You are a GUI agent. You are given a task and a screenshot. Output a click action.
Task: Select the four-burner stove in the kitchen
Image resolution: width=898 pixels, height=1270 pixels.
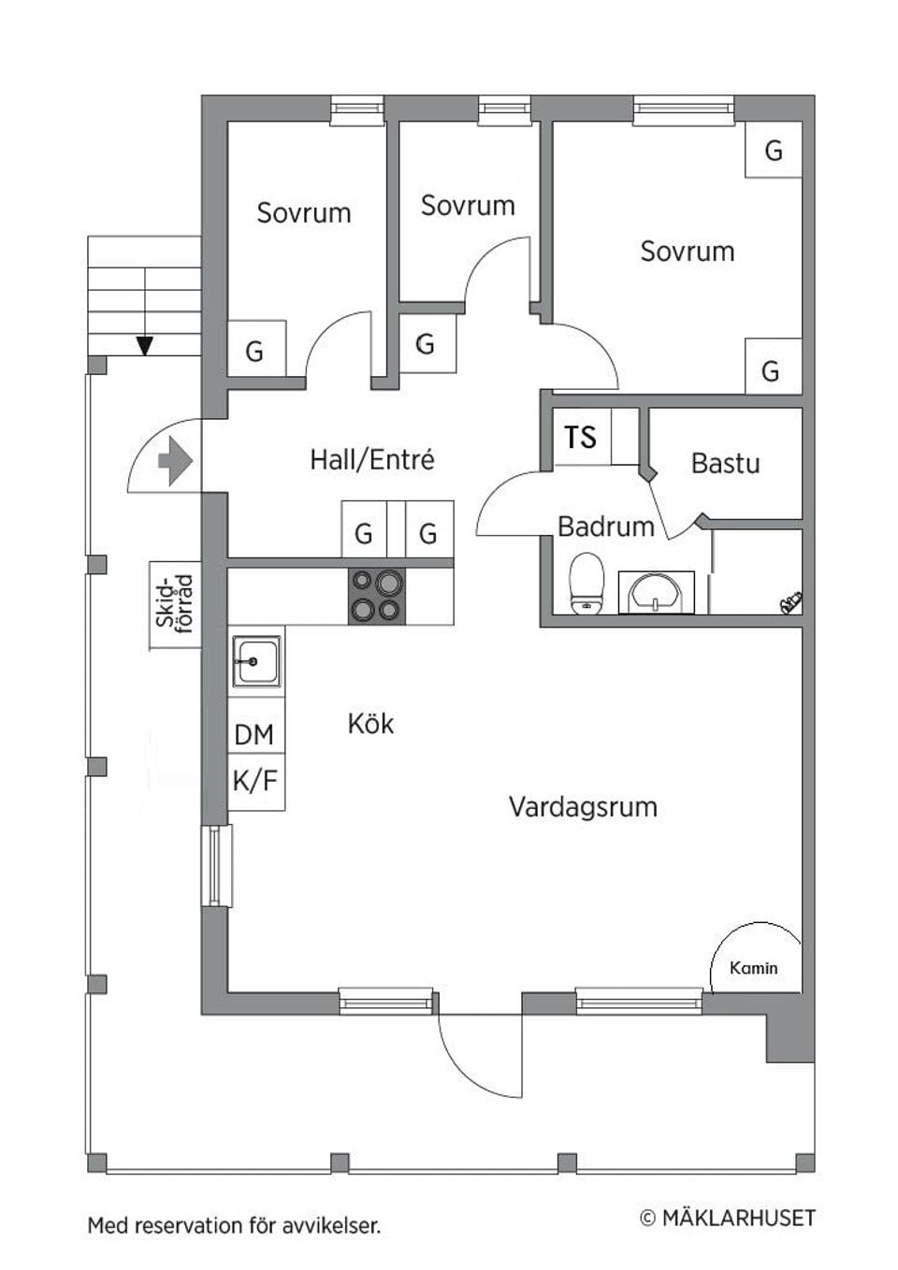point(377,596)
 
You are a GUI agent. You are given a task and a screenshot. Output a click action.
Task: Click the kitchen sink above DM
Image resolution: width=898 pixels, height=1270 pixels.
point(255,662)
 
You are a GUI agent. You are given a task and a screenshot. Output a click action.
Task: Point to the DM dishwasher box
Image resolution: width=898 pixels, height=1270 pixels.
point(255,735)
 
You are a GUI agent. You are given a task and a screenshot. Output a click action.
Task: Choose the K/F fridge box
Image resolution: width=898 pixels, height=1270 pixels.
point(255,781)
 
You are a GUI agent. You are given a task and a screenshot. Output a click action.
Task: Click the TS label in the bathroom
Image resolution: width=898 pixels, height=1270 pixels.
point(581,437)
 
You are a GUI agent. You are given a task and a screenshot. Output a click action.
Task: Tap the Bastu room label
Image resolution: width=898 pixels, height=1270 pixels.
point(725,463)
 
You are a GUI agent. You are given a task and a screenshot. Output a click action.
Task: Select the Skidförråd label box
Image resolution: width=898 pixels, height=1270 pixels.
point(175,605)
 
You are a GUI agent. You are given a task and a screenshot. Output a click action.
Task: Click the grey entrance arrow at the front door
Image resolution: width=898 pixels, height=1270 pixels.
point(175,460)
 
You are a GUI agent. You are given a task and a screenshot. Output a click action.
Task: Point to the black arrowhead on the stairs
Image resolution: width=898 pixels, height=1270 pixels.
point(144,346)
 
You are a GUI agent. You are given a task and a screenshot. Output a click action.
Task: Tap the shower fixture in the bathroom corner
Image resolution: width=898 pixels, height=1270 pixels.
point(790,603)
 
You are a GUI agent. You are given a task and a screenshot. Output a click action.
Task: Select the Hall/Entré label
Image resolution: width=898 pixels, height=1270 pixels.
point(371,459)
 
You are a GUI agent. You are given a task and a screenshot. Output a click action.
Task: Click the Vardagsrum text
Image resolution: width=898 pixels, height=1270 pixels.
point(583,807)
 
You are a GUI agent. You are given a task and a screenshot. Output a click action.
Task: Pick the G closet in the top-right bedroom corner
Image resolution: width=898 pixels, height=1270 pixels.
point(773,151)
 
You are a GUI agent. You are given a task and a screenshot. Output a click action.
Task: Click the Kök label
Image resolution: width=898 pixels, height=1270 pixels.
point(370,724)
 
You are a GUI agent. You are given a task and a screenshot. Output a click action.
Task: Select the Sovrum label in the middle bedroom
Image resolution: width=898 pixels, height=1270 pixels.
point(468,206)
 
